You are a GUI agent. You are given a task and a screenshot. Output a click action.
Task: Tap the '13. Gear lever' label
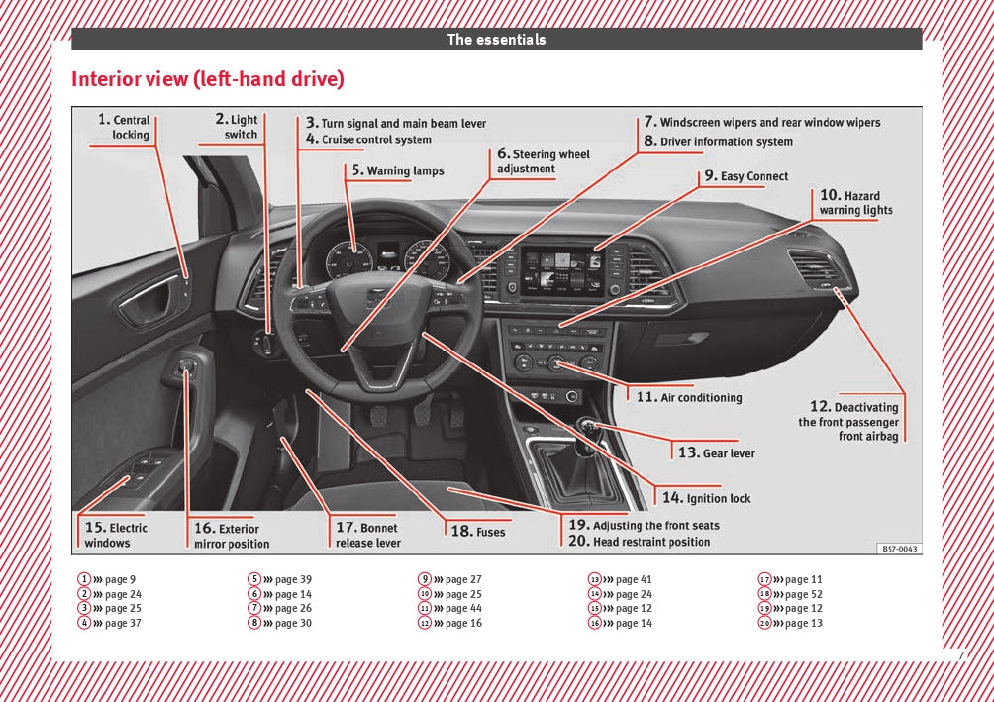717,452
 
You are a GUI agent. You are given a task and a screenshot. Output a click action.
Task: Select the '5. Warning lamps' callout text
396,170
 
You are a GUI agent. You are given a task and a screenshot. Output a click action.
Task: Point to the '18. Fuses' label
478,532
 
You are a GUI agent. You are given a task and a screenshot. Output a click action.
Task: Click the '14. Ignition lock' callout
707,498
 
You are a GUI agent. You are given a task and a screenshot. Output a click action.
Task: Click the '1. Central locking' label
126,127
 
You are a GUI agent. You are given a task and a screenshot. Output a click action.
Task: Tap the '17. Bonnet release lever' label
368,535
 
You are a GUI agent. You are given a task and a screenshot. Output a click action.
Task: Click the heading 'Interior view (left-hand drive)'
207,79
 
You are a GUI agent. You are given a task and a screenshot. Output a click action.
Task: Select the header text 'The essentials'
496,40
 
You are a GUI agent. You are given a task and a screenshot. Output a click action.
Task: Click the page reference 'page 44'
463,609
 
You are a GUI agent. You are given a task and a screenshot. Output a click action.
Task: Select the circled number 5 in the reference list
254,580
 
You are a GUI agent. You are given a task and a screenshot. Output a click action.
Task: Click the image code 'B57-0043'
899,549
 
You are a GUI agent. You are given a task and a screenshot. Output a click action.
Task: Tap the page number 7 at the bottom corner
960,655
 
